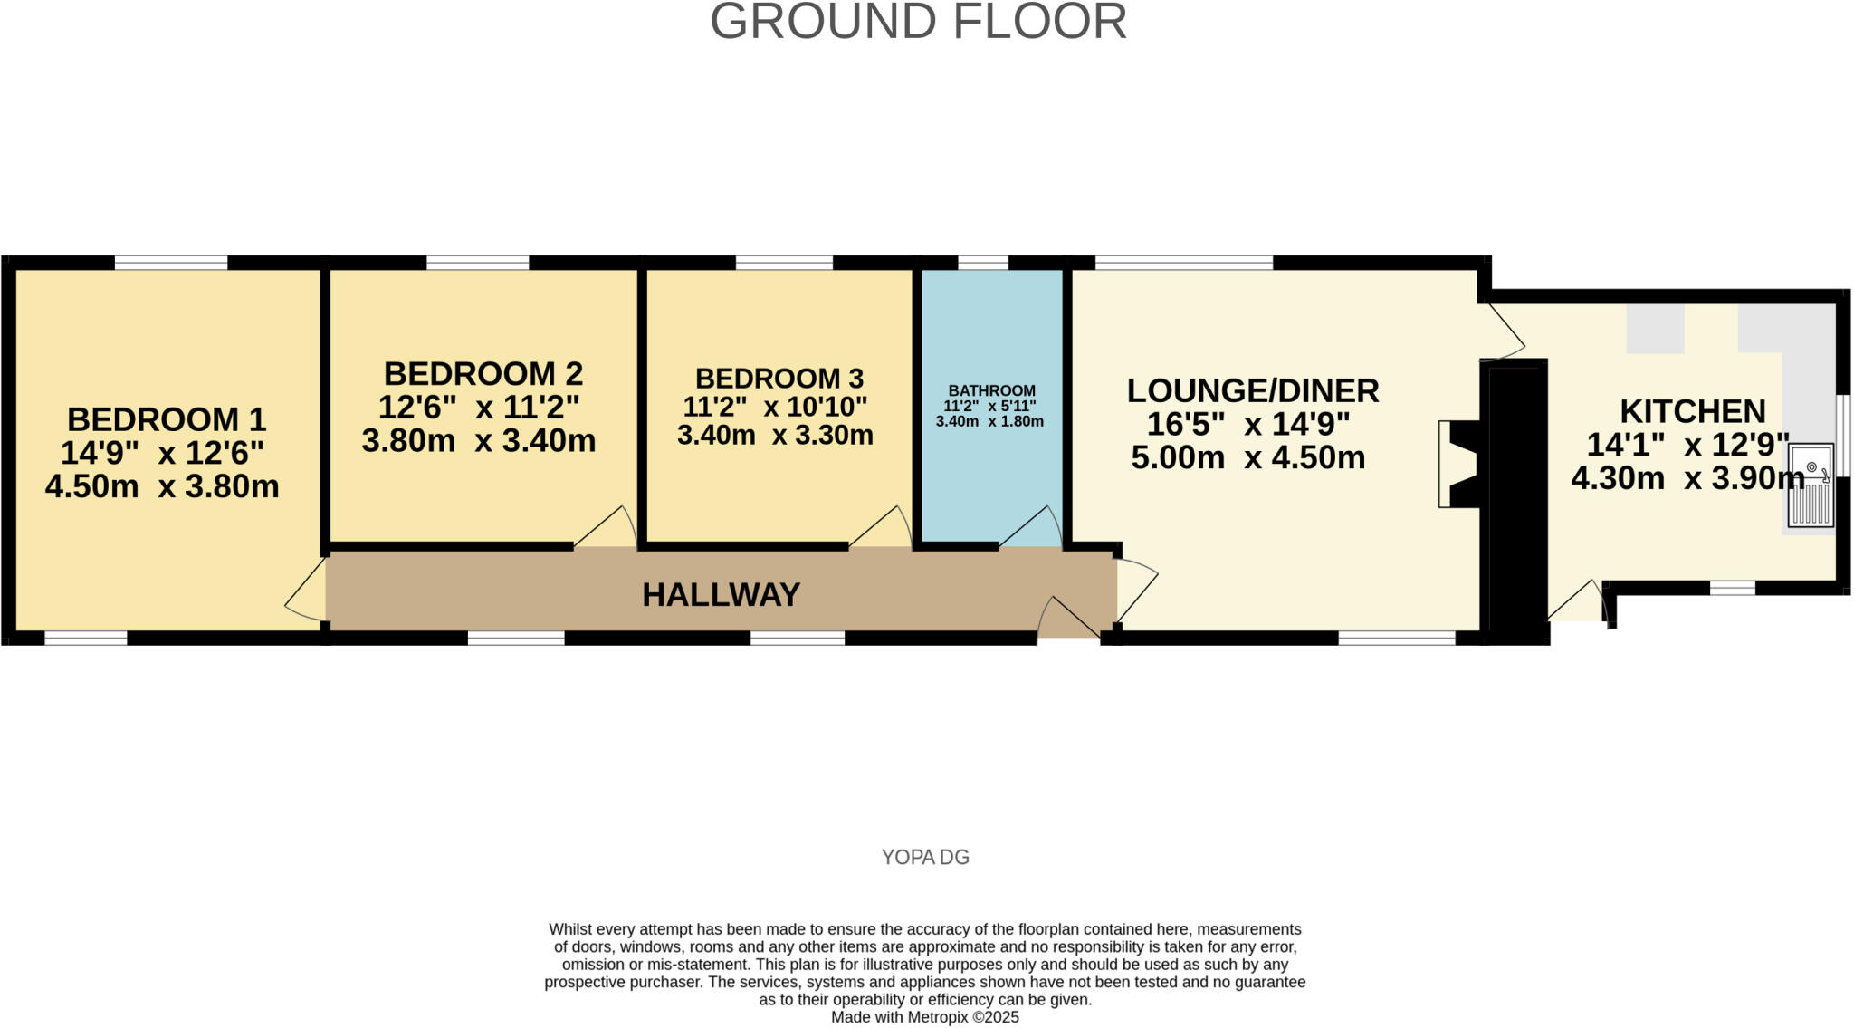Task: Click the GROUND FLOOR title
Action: pyautogui.click(x=918, y=22)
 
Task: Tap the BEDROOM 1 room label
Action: pyautogui.click(x=167, y=419)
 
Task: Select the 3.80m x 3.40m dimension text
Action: pyautogui.click(x=479, y=441)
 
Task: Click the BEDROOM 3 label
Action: pyautogui.click(x=779, y=378)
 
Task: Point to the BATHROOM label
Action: pyautogui.click(x=991, y=390)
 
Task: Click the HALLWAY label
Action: pyautogui.click(x=721, y=595)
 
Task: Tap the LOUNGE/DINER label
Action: pyautogui.click(x=1252, y=390)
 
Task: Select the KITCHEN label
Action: pyautogui.click(x=1692, y=411)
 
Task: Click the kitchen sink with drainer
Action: pyautogui.click(x=1810, y=485)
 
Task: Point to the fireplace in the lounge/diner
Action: pyautogui.click(x=1459, y=464)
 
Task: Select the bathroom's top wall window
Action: pyautogui.click(x=983, y=263)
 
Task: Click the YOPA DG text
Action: pyautogui.click(x=925, y=857)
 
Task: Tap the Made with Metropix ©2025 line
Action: pyautogui.click(x=925, y=1017)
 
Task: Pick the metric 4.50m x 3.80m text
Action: pyautogui.click(x=162, y=486)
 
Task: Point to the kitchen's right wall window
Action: pyautogui.click(x=1843, y=436)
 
